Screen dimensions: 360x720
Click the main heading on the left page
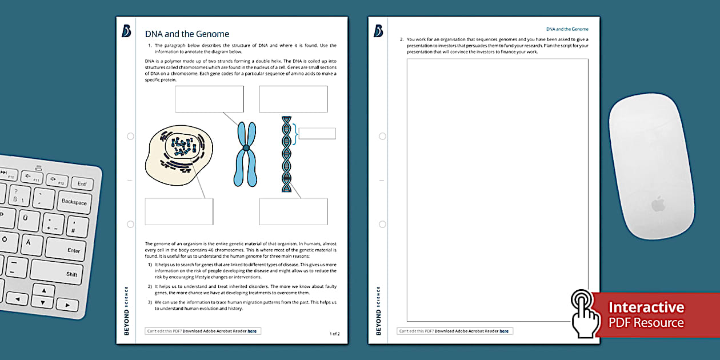187,34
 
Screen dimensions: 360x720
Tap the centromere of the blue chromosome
246,149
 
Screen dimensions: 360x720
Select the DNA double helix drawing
286,154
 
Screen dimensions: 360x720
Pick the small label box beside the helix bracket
317,134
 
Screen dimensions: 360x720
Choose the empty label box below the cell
179,211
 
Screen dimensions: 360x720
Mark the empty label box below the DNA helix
293,211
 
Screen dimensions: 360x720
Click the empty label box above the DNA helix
293,99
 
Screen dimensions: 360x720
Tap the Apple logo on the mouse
659,204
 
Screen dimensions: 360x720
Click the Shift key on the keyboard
71,274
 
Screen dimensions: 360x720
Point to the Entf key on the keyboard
82,184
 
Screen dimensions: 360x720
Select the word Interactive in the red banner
646,307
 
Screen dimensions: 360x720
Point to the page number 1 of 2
334,333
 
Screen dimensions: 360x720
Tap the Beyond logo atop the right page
378,31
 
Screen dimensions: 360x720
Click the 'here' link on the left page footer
252,331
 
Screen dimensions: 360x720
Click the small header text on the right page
567,29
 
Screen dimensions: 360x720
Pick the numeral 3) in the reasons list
150,302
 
